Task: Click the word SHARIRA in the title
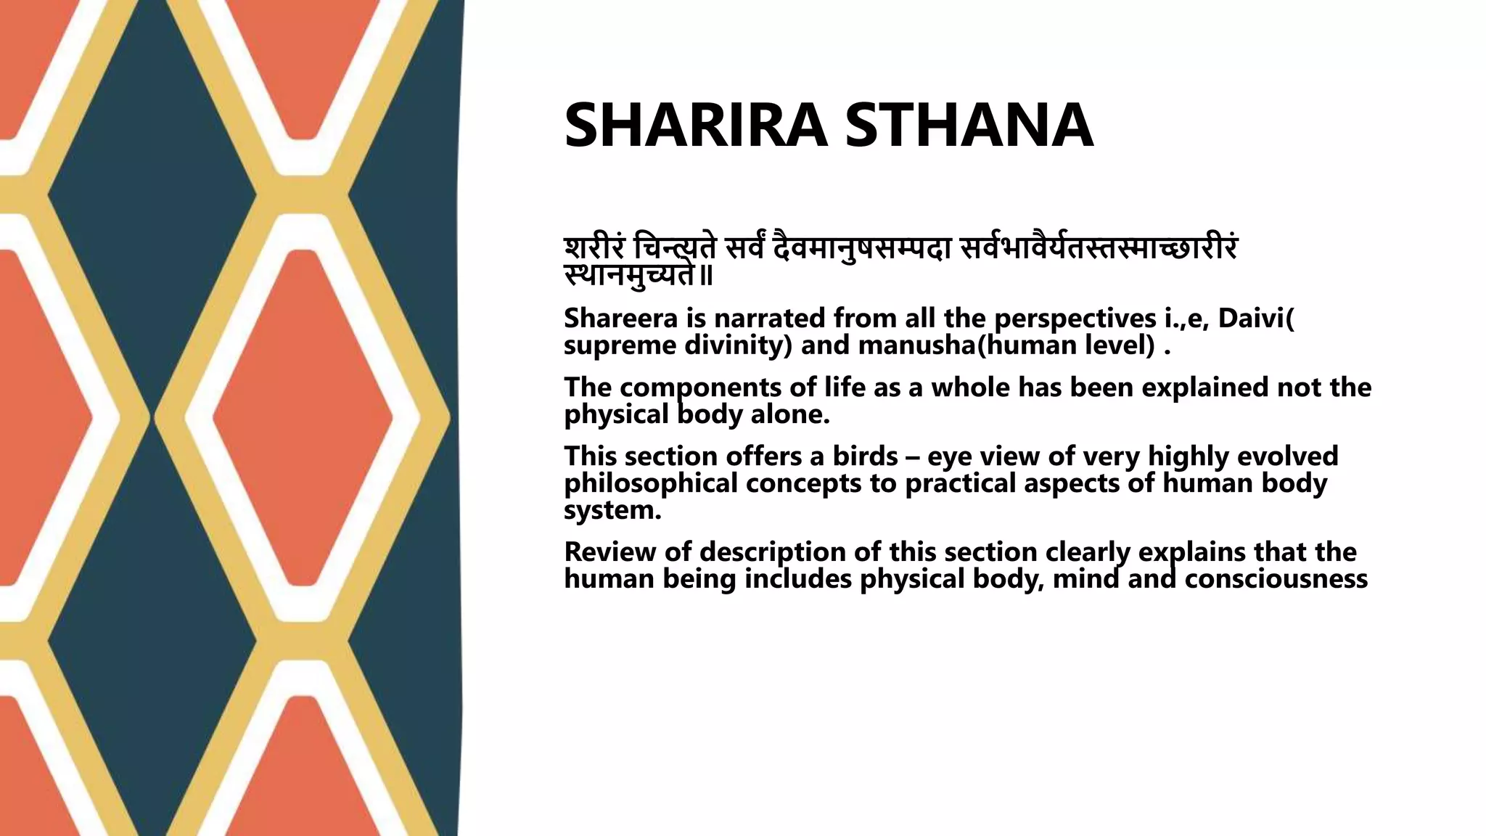(695, 126)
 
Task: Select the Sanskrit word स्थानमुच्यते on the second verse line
(630, 276)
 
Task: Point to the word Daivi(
(1256, 319)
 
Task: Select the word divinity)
(738, 345)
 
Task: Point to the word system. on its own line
(612, 510)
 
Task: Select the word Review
(610, 552)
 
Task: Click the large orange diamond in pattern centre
(303, 417)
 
